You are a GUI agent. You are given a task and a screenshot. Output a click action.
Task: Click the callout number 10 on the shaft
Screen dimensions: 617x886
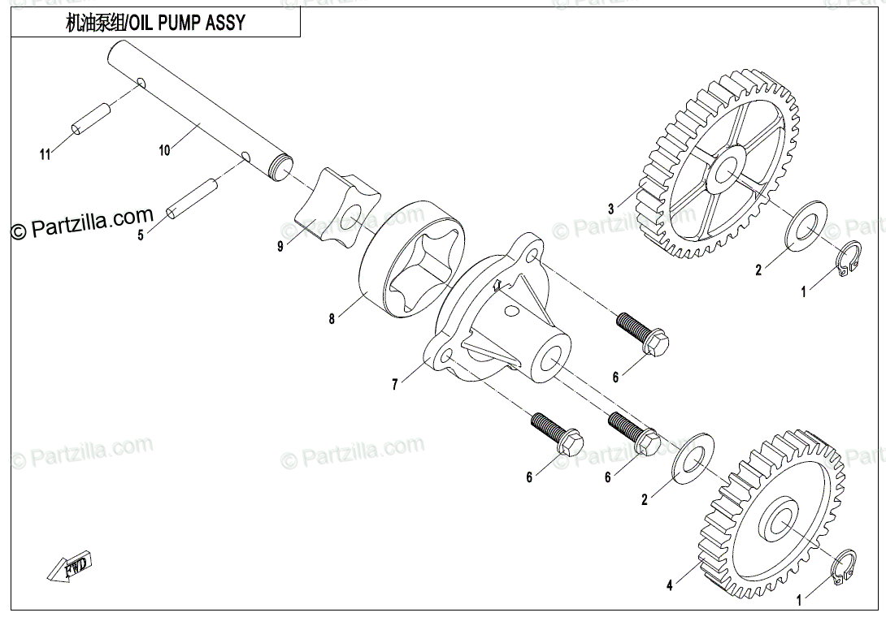165,149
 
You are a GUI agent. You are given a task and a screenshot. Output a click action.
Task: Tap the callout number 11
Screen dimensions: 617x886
46,153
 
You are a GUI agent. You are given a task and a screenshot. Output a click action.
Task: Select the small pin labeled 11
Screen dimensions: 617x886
91,119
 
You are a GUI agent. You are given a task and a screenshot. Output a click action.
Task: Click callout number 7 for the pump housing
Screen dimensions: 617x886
395,385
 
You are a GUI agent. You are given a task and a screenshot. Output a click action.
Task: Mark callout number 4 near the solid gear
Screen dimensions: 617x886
669,585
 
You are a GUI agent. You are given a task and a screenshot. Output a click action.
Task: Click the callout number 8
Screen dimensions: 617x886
332,319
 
